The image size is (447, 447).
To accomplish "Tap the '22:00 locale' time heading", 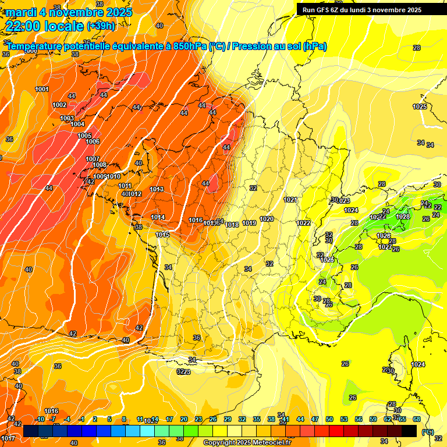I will coord(44,25).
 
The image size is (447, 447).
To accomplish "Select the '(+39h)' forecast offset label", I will coord(100,26).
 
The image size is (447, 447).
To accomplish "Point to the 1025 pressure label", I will coord(420,107).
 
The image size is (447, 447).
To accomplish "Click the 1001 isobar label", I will coord(42,89).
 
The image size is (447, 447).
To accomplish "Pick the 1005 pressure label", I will coord(84,136).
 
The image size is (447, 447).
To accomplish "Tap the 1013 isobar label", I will coord(157,189).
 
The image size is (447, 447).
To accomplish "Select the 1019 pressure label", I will coord(250,223).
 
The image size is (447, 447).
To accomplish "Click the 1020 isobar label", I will coord(267,219).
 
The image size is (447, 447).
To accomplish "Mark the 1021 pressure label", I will coord(291,200).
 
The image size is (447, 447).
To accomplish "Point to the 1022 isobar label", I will coord(303,223).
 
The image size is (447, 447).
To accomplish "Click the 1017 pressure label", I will coord(8,438).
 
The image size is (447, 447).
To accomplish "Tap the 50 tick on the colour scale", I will coord(329,419).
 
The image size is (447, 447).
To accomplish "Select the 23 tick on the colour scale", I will coord(198,419).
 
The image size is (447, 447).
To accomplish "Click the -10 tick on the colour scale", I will coord(40,419).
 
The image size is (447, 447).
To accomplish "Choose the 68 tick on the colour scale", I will coord(417,419).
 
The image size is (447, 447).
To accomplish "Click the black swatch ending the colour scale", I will coord(409,431).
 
